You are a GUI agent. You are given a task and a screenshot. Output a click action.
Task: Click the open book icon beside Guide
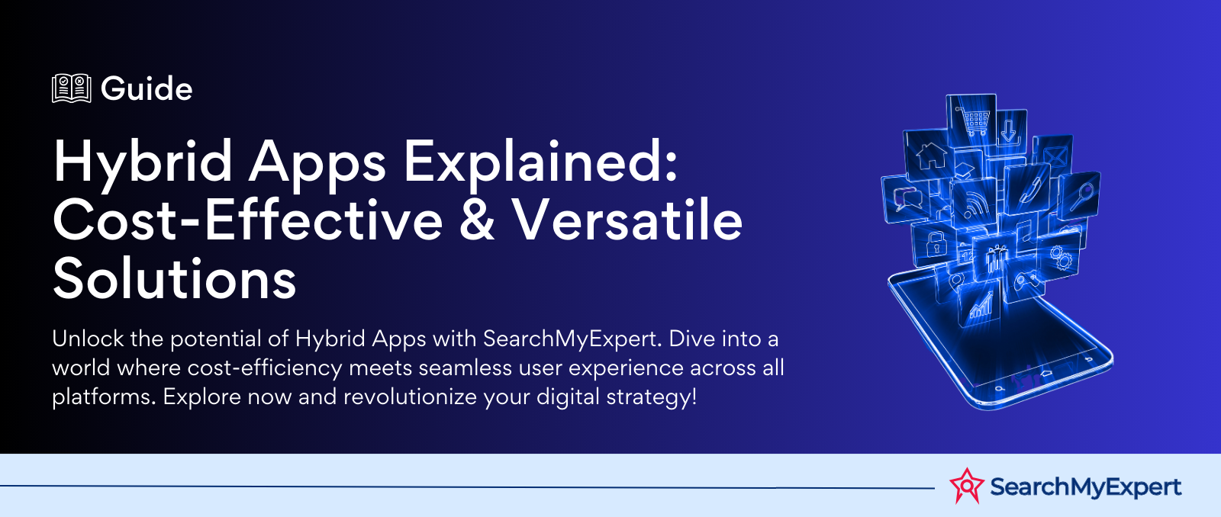(x=72, y=88)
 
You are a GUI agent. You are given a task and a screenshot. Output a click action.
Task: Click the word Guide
(x=147, y=88)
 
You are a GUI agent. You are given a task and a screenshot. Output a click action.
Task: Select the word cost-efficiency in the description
(x=264, y=368)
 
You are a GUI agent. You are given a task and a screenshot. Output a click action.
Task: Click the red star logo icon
(x=967, y=486)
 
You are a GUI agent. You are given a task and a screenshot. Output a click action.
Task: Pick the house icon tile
(x=930, y=156)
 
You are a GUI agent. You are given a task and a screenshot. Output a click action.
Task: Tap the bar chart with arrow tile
(x=980, y=307)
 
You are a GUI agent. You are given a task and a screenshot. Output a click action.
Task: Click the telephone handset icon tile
(x=1027, y=190)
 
